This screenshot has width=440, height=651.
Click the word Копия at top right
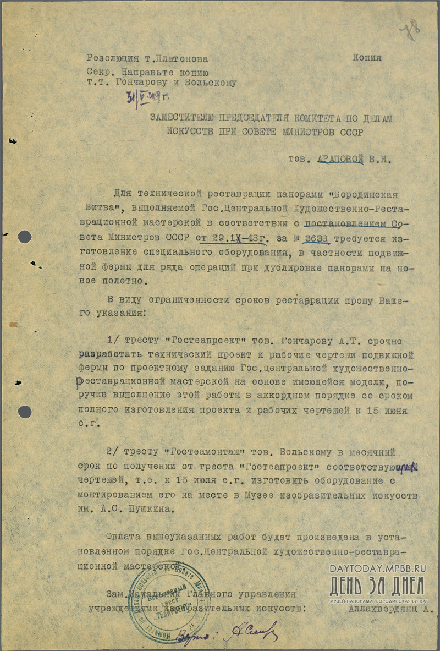(x=367, y=58)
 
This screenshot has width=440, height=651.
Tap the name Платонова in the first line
(x=183, y=59)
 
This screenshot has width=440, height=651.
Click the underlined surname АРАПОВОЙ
(x=341, y=160)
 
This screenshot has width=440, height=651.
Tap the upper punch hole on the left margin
(x=25, y=237)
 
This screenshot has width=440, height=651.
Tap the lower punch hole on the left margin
(x=25, y=412)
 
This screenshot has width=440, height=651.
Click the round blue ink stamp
(x=168, y=597)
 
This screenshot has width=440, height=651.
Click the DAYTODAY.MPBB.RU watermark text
(x=378, y=568)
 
